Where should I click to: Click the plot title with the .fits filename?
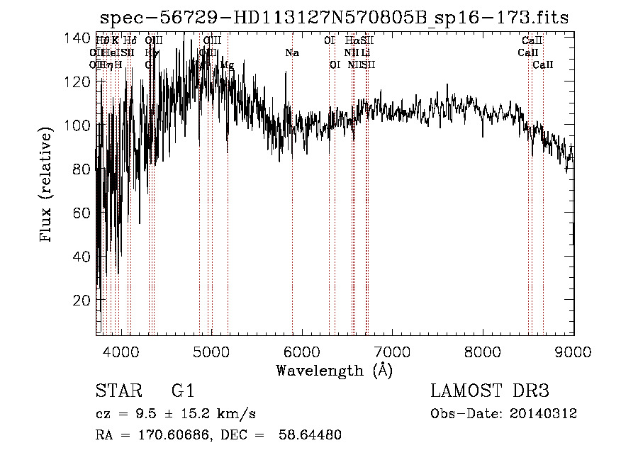pyautogui.click(x=334, y=18)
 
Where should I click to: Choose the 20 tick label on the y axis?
pyautogui.click(x=82, y=300)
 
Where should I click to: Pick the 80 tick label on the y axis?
pyautogui.click(x=82, y=169)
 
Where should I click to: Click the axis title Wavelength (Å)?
pyautogui.click(x=335, y=370)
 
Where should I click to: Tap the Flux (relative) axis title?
pyautogui.click(x=47, y=186)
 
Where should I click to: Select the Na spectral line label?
pyautogui.click(x=292, y=53)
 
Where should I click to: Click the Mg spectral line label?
pyautogui.click(x=227, y=64)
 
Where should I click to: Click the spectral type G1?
pyautogui.click(x=182, y=391)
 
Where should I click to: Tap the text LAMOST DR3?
pyautogui.click(x=489, y=391)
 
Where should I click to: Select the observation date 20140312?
pyautogui.click(x=543, y=414)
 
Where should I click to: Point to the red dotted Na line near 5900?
pyautogui.click(x=292, y=213)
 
